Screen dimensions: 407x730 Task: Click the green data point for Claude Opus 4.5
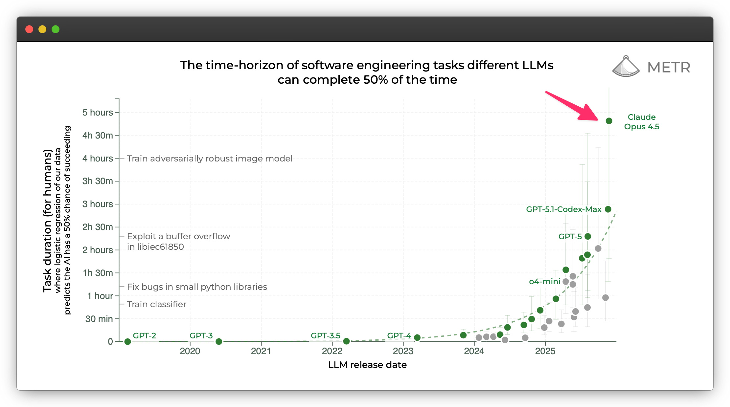tap(609, 121)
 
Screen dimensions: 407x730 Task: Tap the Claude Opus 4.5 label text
tap(641, 122)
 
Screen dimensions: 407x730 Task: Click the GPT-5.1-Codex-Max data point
tap(608, 209)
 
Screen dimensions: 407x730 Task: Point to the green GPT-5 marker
tap(588, 236)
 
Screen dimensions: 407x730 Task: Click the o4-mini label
tap(544, 282)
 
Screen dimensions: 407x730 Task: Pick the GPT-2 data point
tap(128, 342)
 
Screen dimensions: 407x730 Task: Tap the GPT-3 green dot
tap(219, 342)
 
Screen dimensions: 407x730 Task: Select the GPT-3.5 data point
tap(346, 341)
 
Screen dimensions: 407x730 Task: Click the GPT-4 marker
tap(417, 337)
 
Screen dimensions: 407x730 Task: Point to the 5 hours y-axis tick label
tap(98, 113)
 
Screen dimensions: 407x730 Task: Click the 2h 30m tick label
tap(98, 227)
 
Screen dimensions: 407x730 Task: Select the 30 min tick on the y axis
tap(99, 319)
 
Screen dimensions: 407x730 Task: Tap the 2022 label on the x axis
tap(332, 351)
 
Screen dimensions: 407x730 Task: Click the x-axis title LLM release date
tap(367, 365)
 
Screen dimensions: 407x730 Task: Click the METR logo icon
tap(626, 67)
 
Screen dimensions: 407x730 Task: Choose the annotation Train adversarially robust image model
tap(210, 159)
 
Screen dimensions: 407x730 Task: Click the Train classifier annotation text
tap(157, 304)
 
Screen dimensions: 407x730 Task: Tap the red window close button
tap(29, 29)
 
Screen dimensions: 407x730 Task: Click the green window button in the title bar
tap(56, 29)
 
